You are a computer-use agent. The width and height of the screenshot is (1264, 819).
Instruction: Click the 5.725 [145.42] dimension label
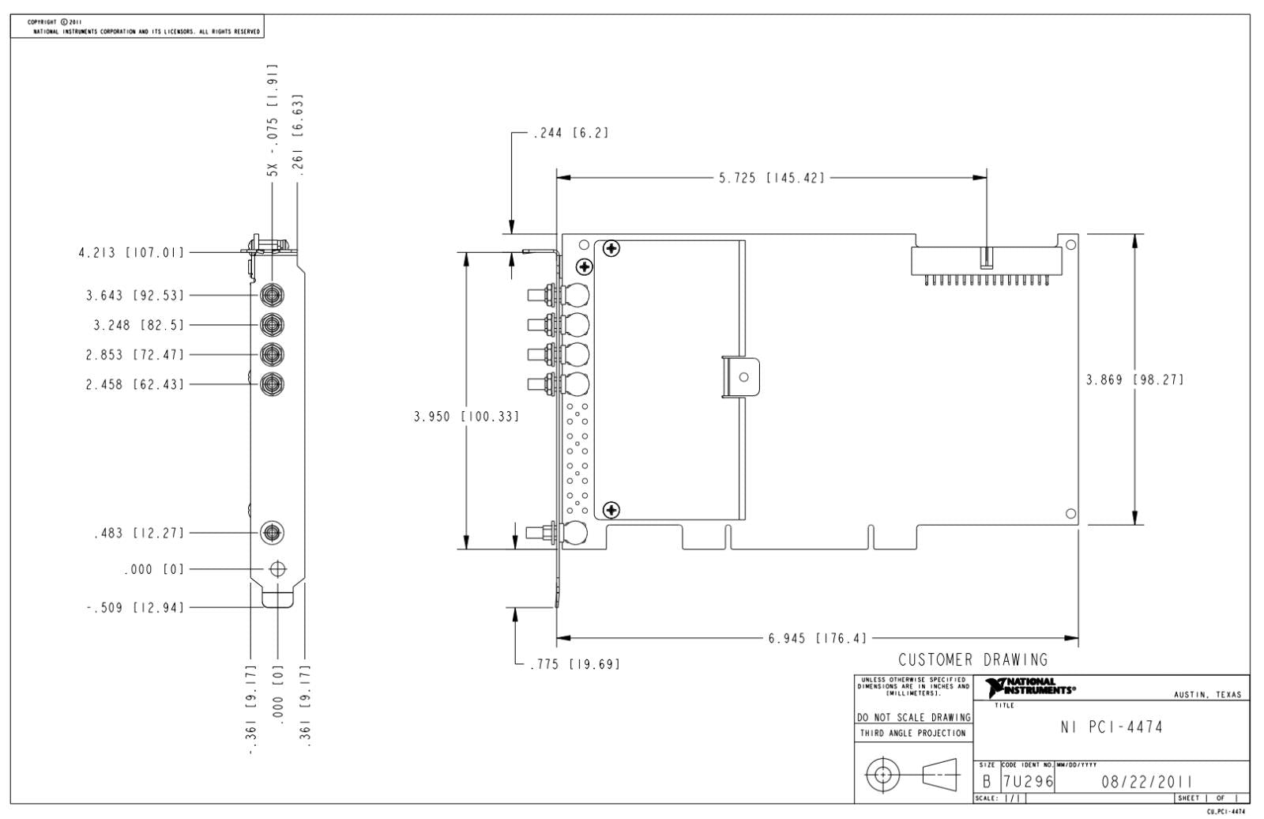click(771, 178)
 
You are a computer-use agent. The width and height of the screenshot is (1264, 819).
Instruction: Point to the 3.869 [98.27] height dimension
click(1134, 379)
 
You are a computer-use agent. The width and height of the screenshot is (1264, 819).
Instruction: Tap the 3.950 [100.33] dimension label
click(466, 417)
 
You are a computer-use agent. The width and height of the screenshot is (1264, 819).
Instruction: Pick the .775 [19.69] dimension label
click(576, 664)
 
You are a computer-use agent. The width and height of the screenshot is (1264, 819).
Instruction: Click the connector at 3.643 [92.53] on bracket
click(273, 295)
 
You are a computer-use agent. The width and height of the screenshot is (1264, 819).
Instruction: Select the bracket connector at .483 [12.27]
click(273, 532)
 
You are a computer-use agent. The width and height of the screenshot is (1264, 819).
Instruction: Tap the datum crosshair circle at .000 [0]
click(277, 568)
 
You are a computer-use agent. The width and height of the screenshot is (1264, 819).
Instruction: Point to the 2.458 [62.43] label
click(135, 384)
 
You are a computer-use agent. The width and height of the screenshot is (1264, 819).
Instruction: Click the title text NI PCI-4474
click(1112, 727)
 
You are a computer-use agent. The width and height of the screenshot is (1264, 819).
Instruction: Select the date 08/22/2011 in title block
click(1146, 783)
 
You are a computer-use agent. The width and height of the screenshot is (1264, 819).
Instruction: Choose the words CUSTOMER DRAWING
click(972, 659)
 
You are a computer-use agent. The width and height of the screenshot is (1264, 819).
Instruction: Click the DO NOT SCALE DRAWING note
click(913, 717)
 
